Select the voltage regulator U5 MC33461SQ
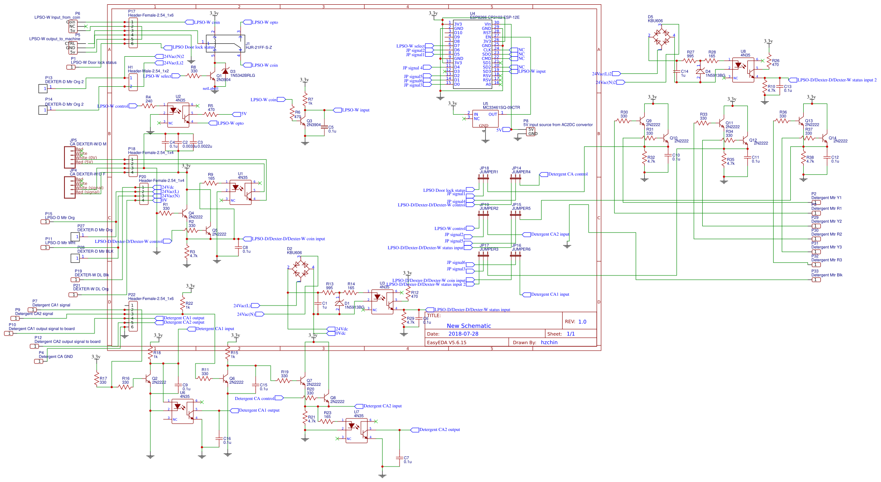click(x=485, y=119)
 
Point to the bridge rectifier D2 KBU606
click(x=300, y=271)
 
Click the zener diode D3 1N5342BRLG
click(x=225, y=71)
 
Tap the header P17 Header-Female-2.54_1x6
click(x=133, y=33)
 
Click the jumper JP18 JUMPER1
click(x=484, y=179)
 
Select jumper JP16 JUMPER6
click(x=515, y=255)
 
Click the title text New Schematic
click(x=469, y=326)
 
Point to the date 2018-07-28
click(x=463, y=333)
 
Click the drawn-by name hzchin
click(x=549, y=342)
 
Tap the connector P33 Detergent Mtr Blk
click(x=816, y=279)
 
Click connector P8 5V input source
click(x=531, y=131)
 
